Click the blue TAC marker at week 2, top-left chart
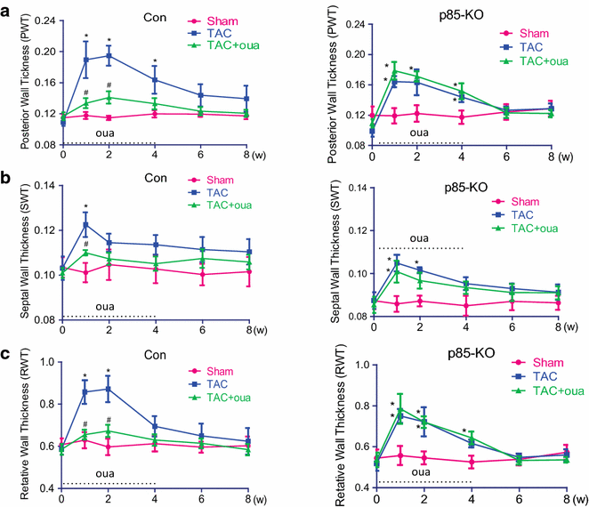(109, 55)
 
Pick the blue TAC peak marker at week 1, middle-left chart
(85, 224)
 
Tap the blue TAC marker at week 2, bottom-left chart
(109, 389)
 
